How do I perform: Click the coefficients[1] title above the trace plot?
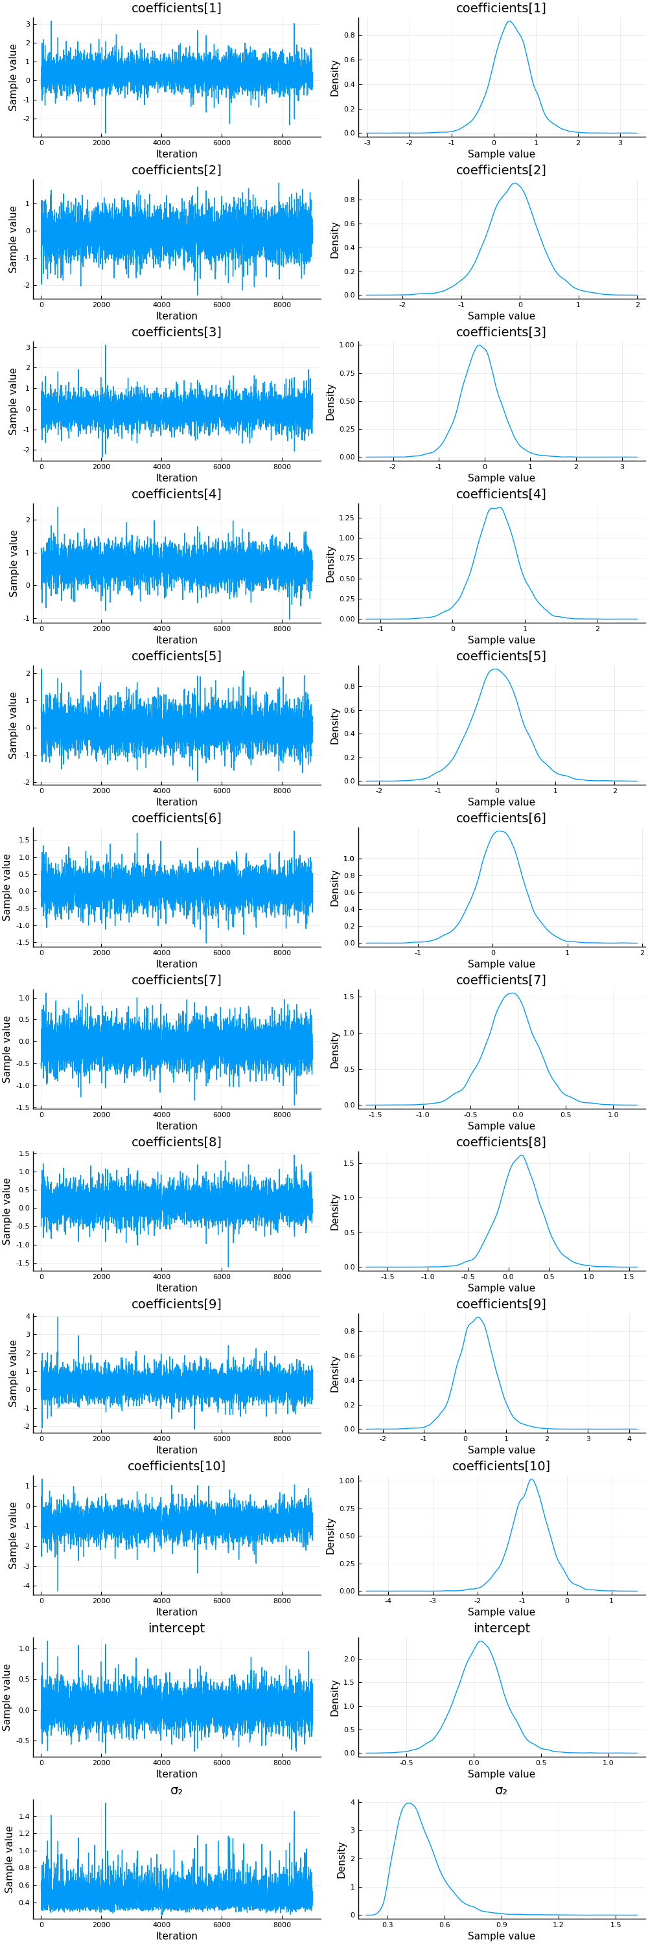[176, 8]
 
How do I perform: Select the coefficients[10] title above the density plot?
[501, 1466]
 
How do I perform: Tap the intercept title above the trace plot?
[176, 1628]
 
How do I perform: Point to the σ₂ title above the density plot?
[501, 1790]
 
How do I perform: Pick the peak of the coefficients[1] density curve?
[509, 21]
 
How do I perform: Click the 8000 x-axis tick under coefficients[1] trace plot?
[281, 143]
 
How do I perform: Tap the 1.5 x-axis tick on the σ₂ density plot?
[616, 1925]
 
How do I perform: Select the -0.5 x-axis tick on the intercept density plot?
[406, 1763]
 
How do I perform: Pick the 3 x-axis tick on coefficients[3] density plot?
[622, 467]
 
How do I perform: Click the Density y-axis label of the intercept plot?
[335, 1698]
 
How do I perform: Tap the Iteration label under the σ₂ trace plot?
[176, 1936]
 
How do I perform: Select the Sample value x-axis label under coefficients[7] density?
[501, 1126]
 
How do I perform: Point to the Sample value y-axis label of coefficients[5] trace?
[13, 725]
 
